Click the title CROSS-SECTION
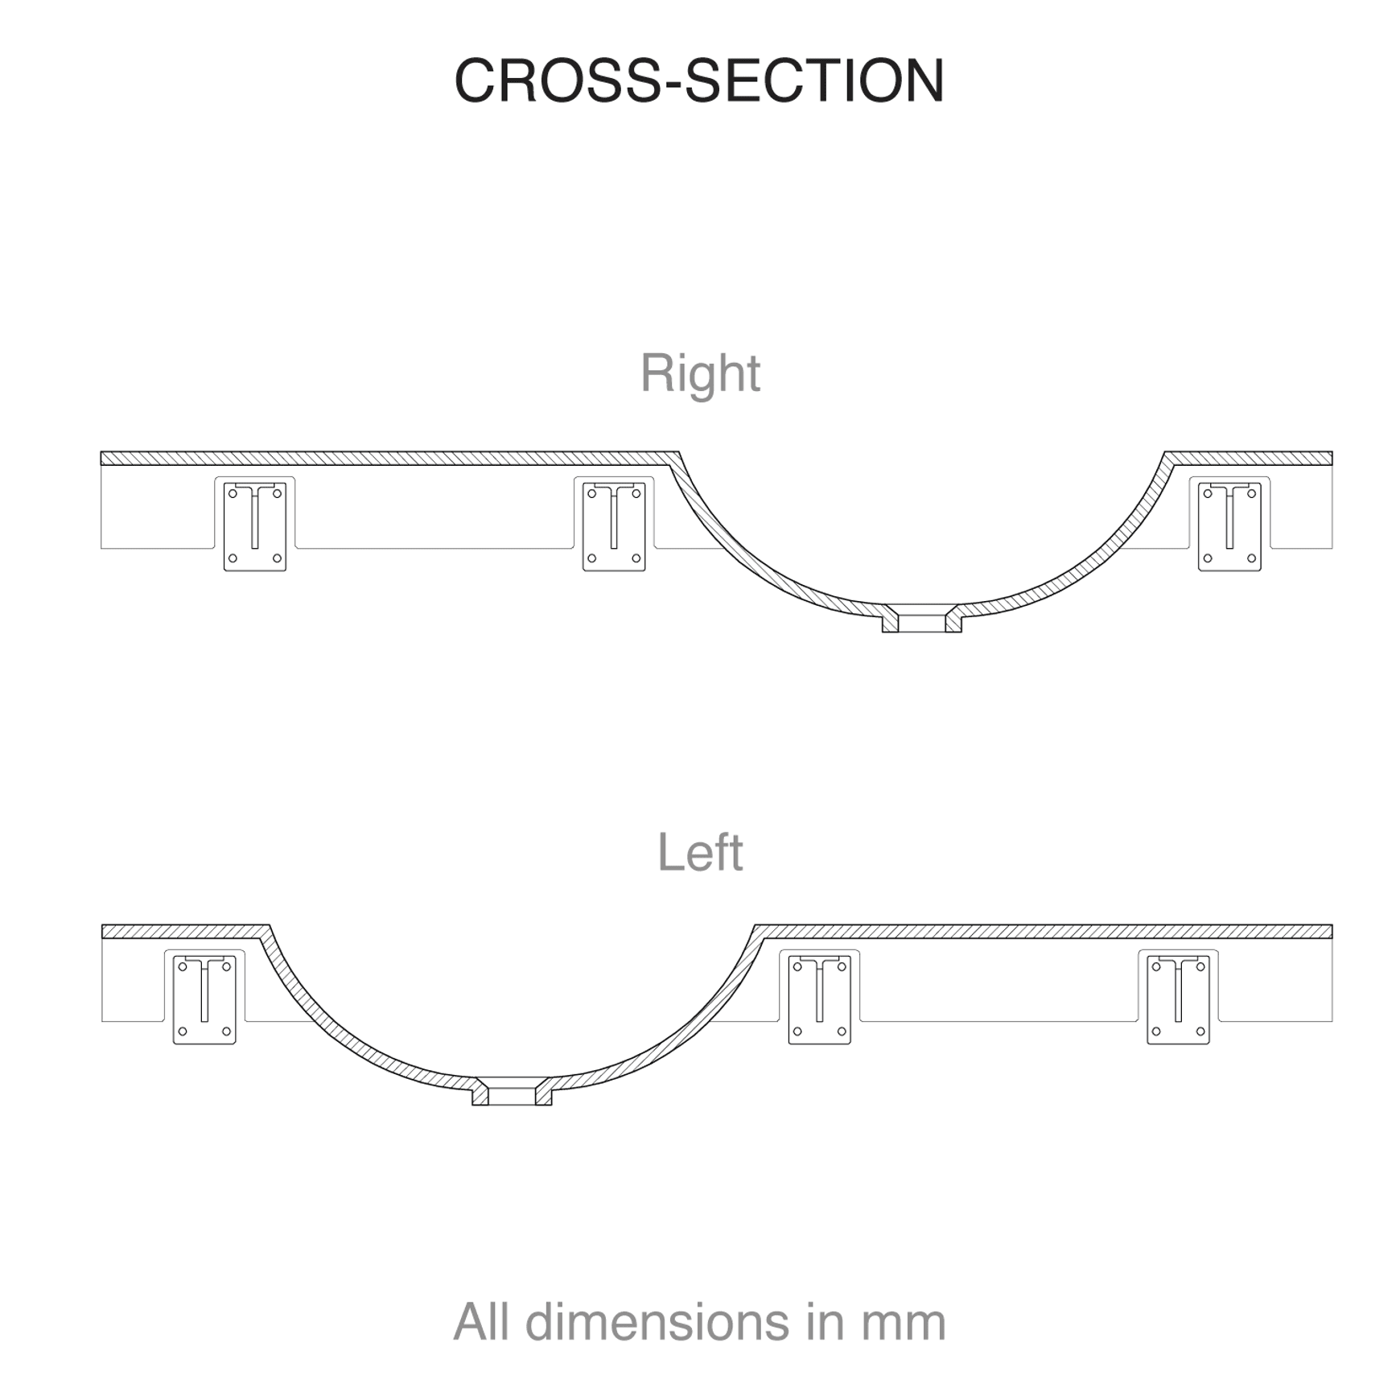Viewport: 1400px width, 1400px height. (699, 80)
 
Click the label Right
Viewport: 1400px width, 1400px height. (700, 374)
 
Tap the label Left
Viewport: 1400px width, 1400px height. (700, 852)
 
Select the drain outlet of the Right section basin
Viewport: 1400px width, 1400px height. (921, 618)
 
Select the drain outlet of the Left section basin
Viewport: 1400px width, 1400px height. (512, 1091)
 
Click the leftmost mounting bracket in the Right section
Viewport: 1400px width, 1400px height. (255, 527)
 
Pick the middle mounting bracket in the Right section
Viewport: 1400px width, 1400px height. (614, 527)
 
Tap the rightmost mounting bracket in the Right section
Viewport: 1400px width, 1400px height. (1229, 527)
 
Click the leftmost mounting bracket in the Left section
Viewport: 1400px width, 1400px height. (204, 1000)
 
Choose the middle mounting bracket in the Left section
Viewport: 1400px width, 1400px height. (820, 1000)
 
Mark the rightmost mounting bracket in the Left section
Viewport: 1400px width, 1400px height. (1178, 1000)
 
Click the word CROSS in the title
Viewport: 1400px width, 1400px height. (557, 80)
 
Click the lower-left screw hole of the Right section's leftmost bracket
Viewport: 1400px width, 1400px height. (233, 558)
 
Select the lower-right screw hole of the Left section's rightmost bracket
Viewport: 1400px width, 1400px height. (1200, 1031)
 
